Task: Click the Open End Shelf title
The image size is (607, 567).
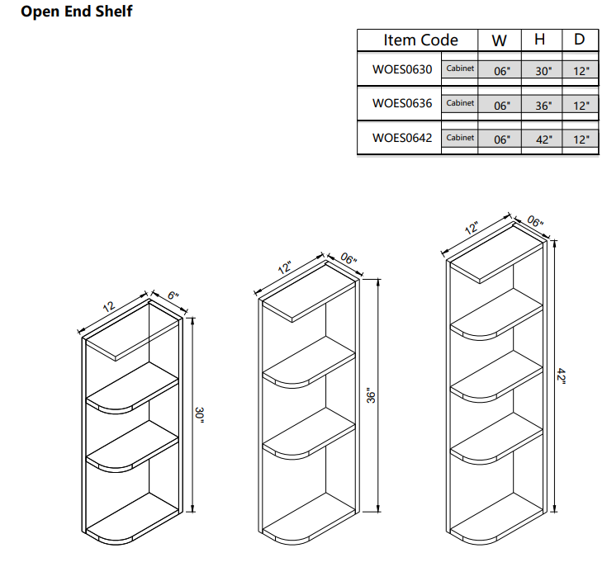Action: pos(76,12)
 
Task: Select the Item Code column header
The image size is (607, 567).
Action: pos(420,40)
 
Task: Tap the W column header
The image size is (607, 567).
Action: pos(500,40)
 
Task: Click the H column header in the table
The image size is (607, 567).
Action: pos(541,40)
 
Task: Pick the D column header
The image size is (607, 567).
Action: pos(581,40)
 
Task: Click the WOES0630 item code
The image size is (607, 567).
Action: pos(401,69)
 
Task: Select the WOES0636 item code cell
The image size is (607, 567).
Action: pos(401,104)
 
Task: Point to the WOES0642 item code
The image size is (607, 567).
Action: pos(401,138)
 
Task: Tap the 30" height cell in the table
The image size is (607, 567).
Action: pos(543,71)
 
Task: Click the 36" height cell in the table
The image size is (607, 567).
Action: pos(543,106)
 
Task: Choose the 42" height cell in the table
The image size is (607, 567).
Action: pos(543,139)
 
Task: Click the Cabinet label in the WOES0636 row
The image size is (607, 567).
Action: pos(460,103)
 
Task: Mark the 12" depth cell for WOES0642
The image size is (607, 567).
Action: pos(581,139)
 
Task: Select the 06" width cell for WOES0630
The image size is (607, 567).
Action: pos(501,71)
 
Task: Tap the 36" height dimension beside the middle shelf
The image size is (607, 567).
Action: pos(372,396)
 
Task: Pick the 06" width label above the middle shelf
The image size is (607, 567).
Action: pos(349,259)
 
